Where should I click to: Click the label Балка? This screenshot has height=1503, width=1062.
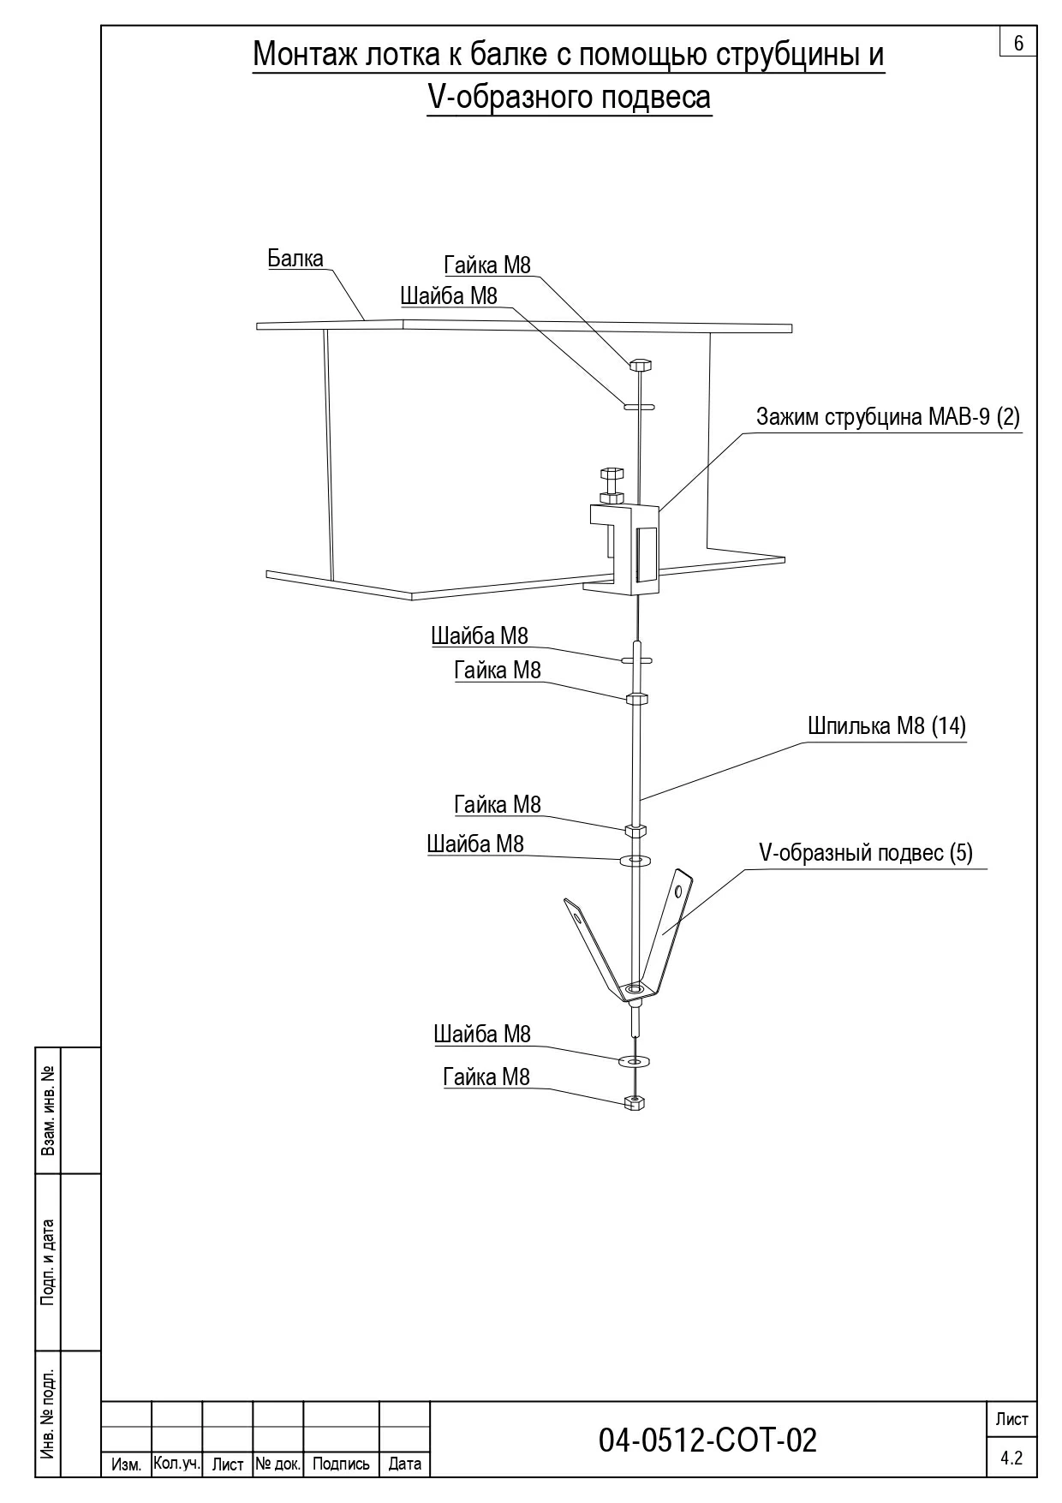pos(295,259)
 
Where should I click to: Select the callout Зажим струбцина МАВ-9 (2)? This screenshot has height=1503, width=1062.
pos(888,417)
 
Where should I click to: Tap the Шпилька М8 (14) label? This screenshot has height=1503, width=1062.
pos(886,726)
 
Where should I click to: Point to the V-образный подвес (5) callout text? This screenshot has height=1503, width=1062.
pos(866,853)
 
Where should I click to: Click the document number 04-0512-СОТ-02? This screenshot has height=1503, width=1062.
pos(707,1440)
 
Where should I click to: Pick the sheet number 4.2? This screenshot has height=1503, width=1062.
pos(1011,1458)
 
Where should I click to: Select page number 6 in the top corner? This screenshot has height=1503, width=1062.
pos(1018,43)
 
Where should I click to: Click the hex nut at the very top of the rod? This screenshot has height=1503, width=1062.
pos(641,366)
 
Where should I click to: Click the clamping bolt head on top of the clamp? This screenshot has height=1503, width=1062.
pos(612,473)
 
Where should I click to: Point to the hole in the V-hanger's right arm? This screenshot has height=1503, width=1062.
pos(678,890)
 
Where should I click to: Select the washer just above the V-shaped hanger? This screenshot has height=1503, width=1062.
pos(635,858)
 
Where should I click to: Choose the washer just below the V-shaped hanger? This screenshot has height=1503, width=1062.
pos(635,1061)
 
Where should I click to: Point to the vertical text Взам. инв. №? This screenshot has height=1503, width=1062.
pos(49,1110)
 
